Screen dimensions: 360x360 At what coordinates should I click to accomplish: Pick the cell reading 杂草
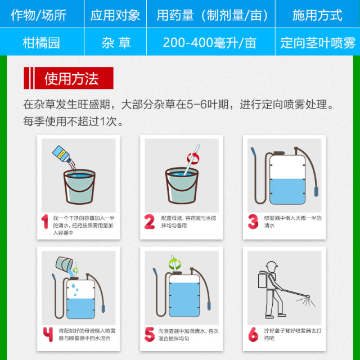click(115, 43)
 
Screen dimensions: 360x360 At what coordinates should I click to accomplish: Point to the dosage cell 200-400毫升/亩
click(209, 43)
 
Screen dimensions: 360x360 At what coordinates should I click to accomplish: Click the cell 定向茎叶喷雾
click(318, 43)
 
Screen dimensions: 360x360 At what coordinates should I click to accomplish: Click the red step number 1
click(44, 222)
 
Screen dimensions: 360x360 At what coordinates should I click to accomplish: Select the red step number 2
click(149, 222)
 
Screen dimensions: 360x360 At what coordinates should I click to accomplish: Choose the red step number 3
click(253, 222)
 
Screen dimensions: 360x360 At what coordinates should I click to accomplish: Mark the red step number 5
click(149, 334)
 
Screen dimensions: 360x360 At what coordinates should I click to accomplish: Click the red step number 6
click(253, 334)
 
